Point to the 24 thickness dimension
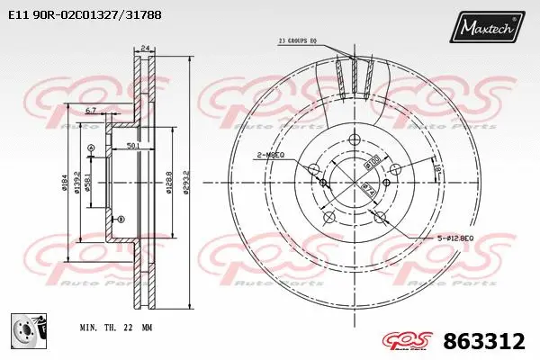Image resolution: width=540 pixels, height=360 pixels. (143, 50)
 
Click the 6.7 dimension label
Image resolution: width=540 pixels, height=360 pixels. (91, 111)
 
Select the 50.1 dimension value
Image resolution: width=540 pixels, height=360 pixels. (131, 145)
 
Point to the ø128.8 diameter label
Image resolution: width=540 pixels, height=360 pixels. (168, 183)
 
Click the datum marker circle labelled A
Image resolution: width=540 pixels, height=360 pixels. (91, 148)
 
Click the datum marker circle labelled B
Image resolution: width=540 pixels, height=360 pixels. (121, 219)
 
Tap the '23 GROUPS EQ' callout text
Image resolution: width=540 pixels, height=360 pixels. (299, 40)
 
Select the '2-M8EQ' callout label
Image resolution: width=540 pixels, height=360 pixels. (270, 155)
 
